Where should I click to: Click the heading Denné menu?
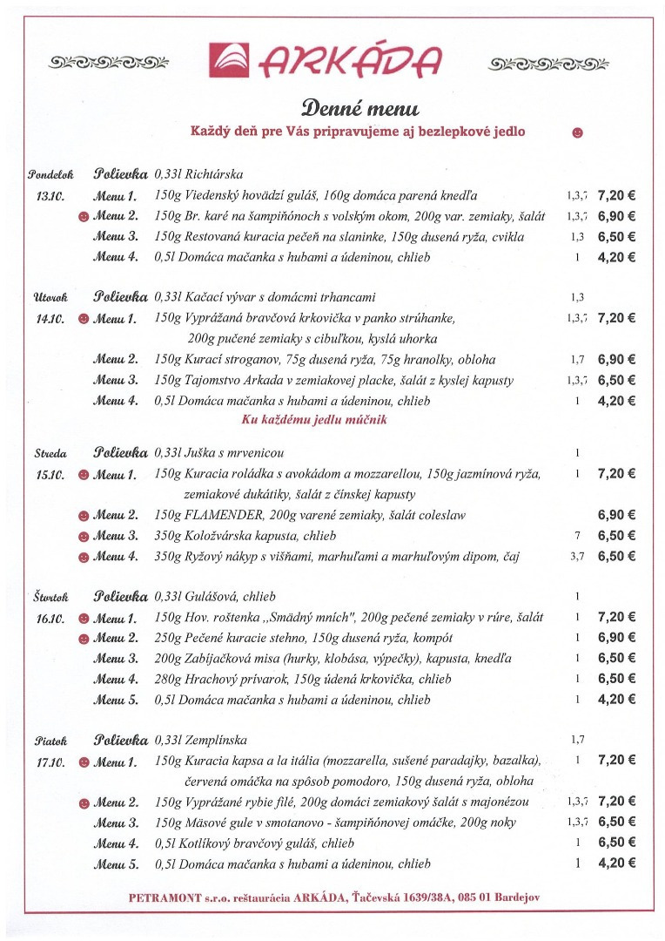[x=359, y=108]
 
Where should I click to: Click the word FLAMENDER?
[x=223, y=515]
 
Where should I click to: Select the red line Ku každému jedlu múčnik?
[x=313, y=420]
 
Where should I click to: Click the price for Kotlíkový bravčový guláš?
[x=616, y=843]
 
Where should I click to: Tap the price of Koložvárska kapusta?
[x=616, y=536]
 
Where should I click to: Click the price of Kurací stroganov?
[x=616, y=359]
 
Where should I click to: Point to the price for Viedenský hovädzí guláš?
[x=616, y=195]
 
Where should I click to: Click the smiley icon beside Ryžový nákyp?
[x=84, y=557]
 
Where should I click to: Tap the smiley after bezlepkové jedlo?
[x=576, y=132]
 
